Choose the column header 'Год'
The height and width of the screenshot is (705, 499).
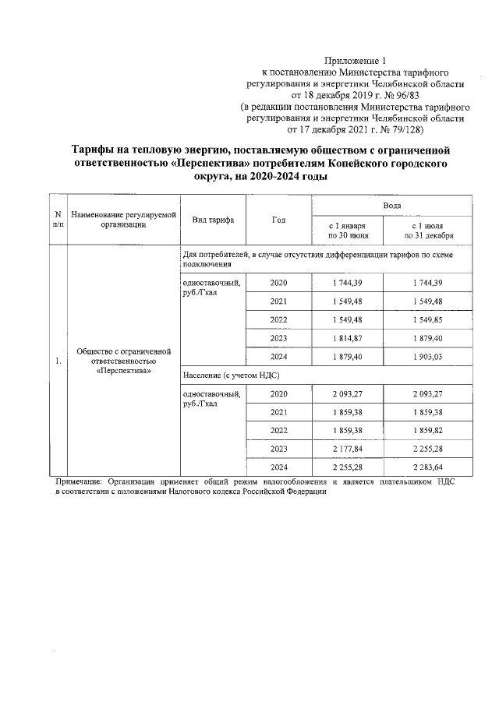tap(278, 220)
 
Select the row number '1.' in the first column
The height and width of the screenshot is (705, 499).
tap(58, 361)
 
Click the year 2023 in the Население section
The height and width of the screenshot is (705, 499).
tap(278, 449)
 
